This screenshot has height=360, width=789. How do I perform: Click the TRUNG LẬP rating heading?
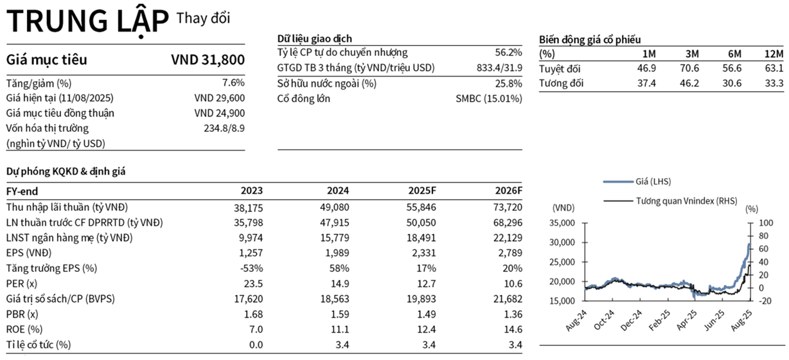[88, 21]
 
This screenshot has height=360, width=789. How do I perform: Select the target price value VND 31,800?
[208, 60]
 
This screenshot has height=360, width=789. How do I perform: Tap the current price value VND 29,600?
[220, 98]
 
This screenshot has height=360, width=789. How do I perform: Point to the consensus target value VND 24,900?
[220, 113]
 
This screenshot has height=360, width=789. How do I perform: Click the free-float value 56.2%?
[508, 53]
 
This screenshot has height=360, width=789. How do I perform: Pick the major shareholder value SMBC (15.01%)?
[489, 98]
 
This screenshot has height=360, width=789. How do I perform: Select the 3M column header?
[692, 54]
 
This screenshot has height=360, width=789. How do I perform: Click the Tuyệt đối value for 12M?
[774, 68]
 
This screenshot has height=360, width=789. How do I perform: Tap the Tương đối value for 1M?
[646, 83]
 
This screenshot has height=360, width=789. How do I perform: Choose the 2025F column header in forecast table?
[422, 191]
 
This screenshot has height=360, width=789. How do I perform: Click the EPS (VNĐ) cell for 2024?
[334, 253]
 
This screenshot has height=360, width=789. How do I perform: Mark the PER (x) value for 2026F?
[513, 283]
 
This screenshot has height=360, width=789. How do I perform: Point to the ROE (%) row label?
[24, 329]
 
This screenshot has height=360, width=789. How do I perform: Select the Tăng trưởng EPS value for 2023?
[251, 268]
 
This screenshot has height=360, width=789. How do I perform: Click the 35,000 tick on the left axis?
[562, 223]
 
